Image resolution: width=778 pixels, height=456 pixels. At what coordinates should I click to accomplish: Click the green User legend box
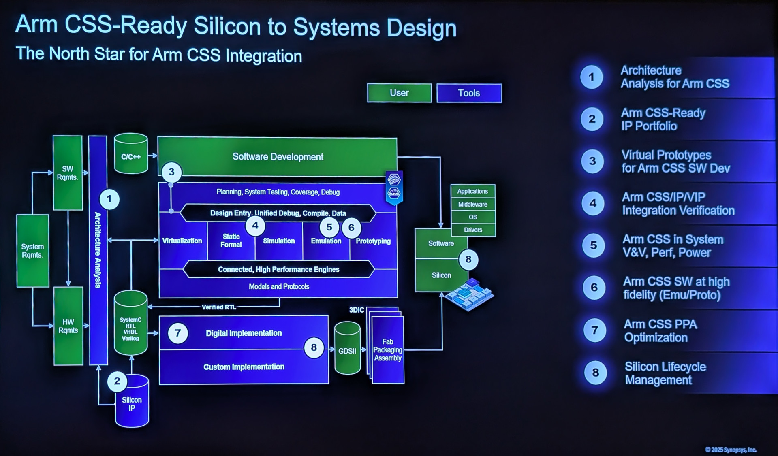point(399,93)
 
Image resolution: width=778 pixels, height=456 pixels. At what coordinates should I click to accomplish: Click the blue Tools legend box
point(469,93)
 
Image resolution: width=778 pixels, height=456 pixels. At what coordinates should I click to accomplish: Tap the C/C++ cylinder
point(131,156)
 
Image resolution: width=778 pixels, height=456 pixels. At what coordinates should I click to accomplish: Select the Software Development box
point(277,157)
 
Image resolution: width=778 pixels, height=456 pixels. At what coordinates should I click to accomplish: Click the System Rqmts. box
point(32,251)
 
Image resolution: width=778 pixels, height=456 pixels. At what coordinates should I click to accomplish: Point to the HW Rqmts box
point(68,326)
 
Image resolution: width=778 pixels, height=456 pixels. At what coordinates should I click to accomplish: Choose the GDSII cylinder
point(347,349)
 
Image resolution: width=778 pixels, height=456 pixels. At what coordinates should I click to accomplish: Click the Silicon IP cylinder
point(132,403)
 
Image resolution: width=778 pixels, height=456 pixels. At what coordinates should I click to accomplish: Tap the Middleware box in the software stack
point(472,204)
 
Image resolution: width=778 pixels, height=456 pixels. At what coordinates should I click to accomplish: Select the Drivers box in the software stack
point(473,230)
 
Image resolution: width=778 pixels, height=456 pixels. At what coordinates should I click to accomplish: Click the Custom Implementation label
point(244,367)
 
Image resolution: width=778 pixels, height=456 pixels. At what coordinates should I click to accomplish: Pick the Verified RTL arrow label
point(219,307)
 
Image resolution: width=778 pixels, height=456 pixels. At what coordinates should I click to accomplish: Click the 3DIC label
point(357,310)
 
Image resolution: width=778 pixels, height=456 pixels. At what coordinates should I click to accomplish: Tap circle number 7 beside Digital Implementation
point(177,333)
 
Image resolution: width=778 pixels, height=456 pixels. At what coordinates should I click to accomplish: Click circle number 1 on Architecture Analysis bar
point(109,199)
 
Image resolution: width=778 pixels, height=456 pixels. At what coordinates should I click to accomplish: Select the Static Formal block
point(231,241)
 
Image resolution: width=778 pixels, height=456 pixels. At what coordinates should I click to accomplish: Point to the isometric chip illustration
point(470,293)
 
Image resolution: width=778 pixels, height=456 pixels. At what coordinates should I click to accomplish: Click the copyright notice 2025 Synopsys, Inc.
point(731,450)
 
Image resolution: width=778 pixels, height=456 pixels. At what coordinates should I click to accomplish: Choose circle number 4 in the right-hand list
point(593,203)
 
